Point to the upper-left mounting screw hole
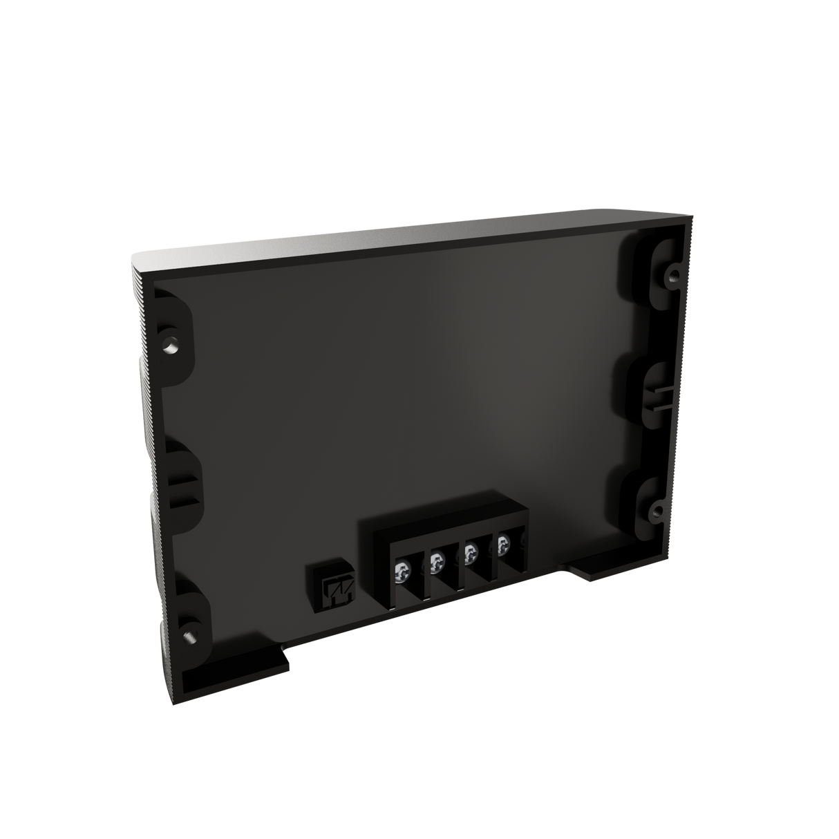(x=170, y=342)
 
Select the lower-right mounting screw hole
(x=655, y=513)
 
